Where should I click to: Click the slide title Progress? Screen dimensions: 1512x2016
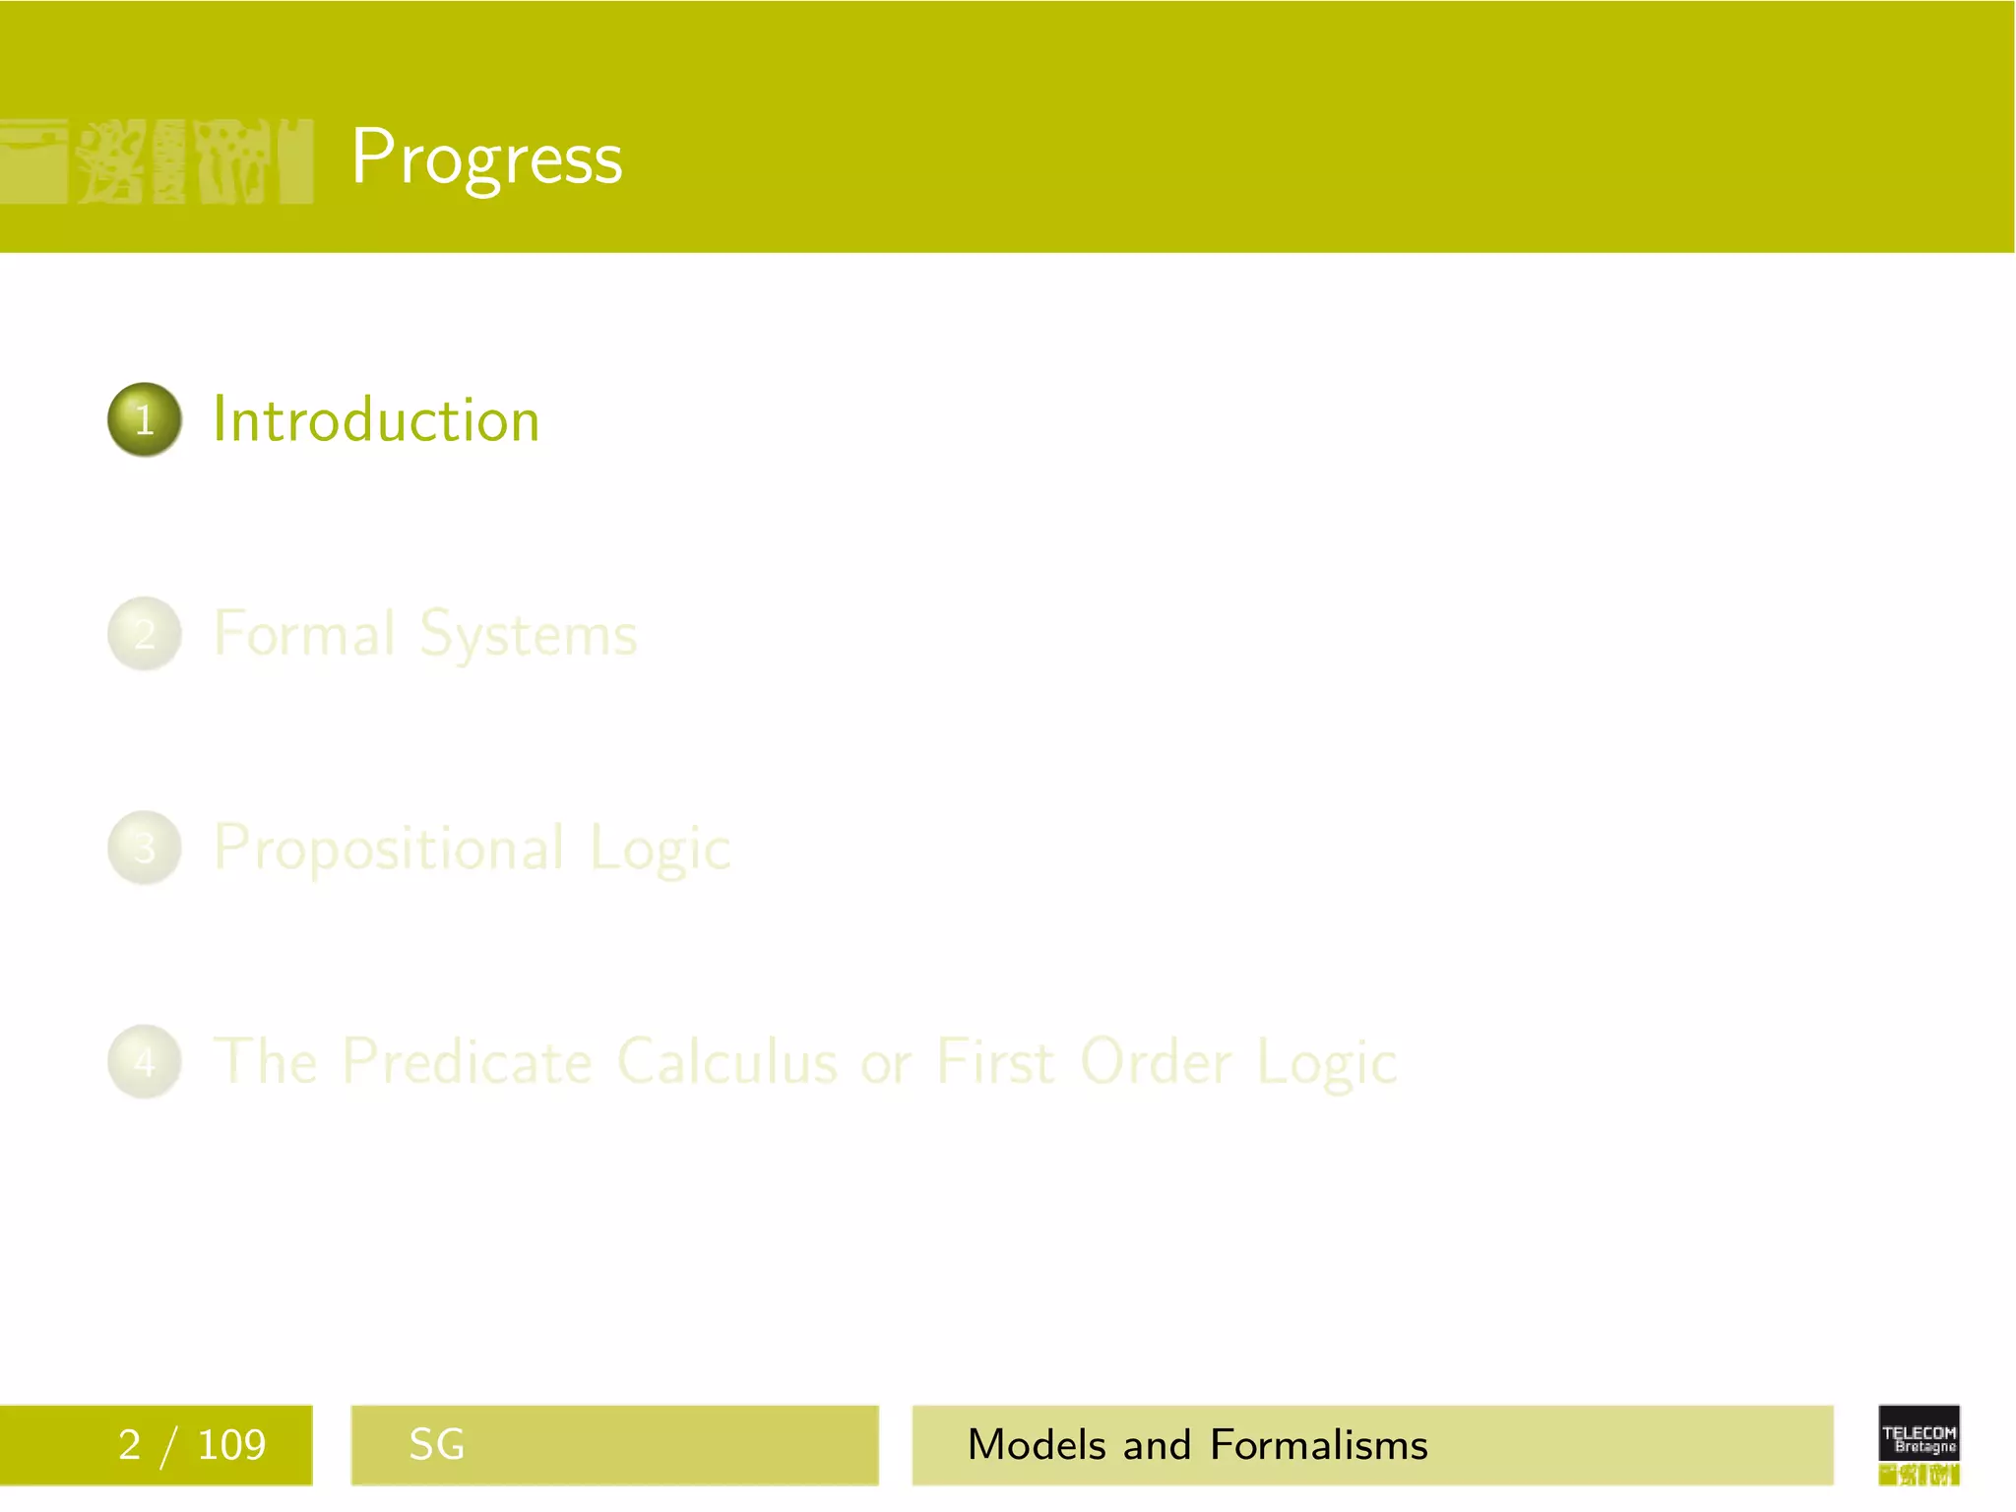click(x=486, y=157)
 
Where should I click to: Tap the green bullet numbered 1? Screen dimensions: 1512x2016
click(x=145, y=419)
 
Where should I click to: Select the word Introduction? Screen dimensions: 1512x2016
click(x=376, y=420)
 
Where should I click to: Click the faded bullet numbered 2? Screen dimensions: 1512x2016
click(x=145, y=634)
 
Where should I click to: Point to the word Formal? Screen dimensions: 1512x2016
click(x=304, y=633)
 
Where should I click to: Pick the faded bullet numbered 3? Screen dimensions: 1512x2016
click(x=145, y=848)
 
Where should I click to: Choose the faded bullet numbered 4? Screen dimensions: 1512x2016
click(x=145, y=1062)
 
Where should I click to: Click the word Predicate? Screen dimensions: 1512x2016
click(x=468, y=1062)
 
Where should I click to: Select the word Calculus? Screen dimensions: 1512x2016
click(x=727, y=1062)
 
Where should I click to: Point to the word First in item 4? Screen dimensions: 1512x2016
click(x=995, y=1062)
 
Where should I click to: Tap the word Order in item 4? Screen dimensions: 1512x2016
click(x=1156, y=1062)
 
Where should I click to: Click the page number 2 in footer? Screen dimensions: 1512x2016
click(x=129, y=1445)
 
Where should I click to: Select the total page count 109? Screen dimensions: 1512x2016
click(x=231, y=1445)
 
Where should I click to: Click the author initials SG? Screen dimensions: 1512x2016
click(x=436, y=1445)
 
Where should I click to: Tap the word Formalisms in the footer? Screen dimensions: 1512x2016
click(x=1318, y=1445)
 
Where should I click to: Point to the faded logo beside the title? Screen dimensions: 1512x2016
click(x=157, y=160)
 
